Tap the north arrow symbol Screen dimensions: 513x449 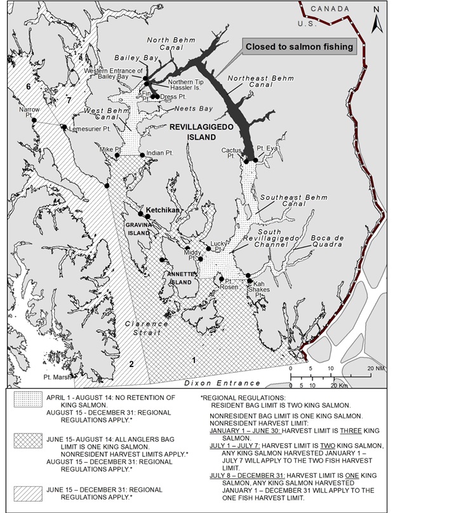point(376,19)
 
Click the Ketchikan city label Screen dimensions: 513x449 point(164,210)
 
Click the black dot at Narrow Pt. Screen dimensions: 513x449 point(35,121)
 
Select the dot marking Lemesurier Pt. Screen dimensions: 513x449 point(64,127)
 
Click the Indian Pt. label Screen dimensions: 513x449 point(159,153)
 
